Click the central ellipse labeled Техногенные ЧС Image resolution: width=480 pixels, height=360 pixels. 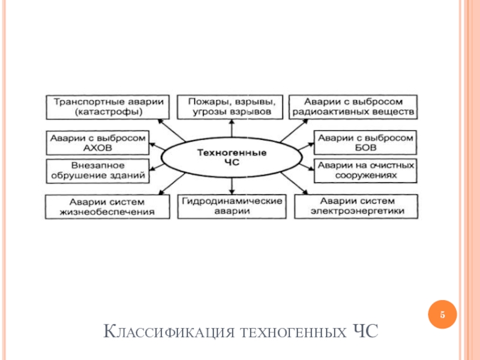pos(232,157)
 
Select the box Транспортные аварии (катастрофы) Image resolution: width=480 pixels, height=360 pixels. pos(108,107)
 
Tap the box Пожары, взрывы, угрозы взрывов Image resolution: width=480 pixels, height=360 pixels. pos(230,107)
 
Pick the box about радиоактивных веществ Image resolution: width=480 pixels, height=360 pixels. pos(353,107)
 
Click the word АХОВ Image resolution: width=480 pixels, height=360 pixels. pos(98,148)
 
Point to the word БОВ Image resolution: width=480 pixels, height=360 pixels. pos(365,148)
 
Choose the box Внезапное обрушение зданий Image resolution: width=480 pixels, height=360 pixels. pos(98,171)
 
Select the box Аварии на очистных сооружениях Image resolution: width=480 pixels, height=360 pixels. pos(365,171)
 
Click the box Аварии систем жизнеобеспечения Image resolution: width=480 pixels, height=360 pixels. pos(107,207)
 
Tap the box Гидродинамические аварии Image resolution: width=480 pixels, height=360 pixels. pos(232,206)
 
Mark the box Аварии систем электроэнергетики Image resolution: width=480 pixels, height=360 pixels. pos(356,206)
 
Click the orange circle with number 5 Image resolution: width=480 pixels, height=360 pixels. pos(442,314)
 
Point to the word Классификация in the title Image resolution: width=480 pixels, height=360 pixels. pos(169,332)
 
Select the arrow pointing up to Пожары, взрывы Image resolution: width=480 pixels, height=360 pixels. pos(232,128)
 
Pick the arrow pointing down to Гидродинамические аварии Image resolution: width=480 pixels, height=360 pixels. pos(232,186)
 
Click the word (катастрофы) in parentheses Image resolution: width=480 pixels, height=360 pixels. pos(109,112)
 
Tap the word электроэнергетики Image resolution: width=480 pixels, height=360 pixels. pos(357,211)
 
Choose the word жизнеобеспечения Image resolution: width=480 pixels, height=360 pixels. pos(107,212)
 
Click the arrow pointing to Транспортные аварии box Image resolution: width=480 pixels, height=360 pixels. pos(172,130)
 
